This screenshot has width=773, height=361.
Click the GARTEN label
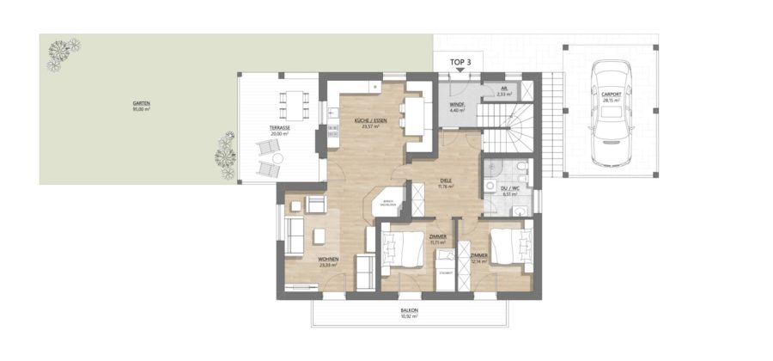142,104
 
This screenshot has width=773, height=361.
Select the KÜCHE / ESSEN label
370,121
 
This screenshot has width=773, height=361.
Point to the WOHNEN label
327,259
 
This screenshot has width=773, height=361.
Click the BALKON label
409,311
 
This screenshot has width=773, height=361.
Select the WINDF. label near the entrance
457,106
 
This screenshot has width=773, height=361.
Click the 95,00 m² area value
142,110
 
